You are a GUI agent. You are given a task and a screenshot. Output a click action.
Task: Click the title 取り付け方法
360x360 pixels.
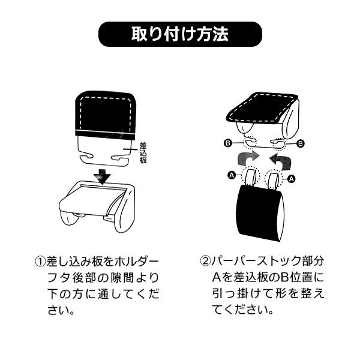(180, 34)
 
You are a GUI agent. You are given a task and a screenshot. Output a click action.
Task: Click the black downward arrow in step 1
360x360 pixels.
(102, 176)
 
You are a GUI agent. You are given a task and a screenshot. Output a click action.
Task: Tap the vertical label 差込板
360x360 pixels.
(143, 153)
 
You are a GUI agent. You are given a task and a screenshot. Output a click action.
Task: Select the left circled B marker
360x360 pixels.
(227, 143)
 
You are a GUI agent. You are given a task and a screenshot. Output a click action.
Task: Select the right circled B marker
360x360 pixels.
(301, 143)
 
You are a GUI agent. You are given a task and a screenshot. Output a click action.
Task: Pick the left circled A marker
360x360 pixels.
(232, 175)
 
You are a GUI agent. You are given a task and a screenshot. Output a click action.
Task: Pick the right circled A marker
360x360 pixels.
(292, 178)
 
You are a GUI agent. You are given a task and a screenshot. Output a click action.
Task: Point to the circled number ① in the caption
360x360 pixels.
(40, 261)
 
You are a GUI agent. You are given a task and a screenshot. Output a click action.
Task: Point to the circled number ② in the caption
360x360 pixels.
(205, 261)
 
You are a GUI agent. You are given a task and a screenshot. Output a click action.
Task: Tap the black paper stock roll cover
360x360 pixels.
(260, 214)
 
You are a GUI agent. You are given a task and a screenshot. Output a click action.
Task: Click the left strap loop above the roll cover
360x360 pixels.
(249, 177)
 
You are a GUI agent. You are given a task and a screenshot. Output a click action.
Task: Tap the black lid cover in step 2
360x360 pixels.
(262, 108)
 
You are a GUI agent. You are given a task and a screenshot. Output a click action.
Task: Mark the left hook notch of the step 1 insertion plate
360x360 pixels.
(87, 157)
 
